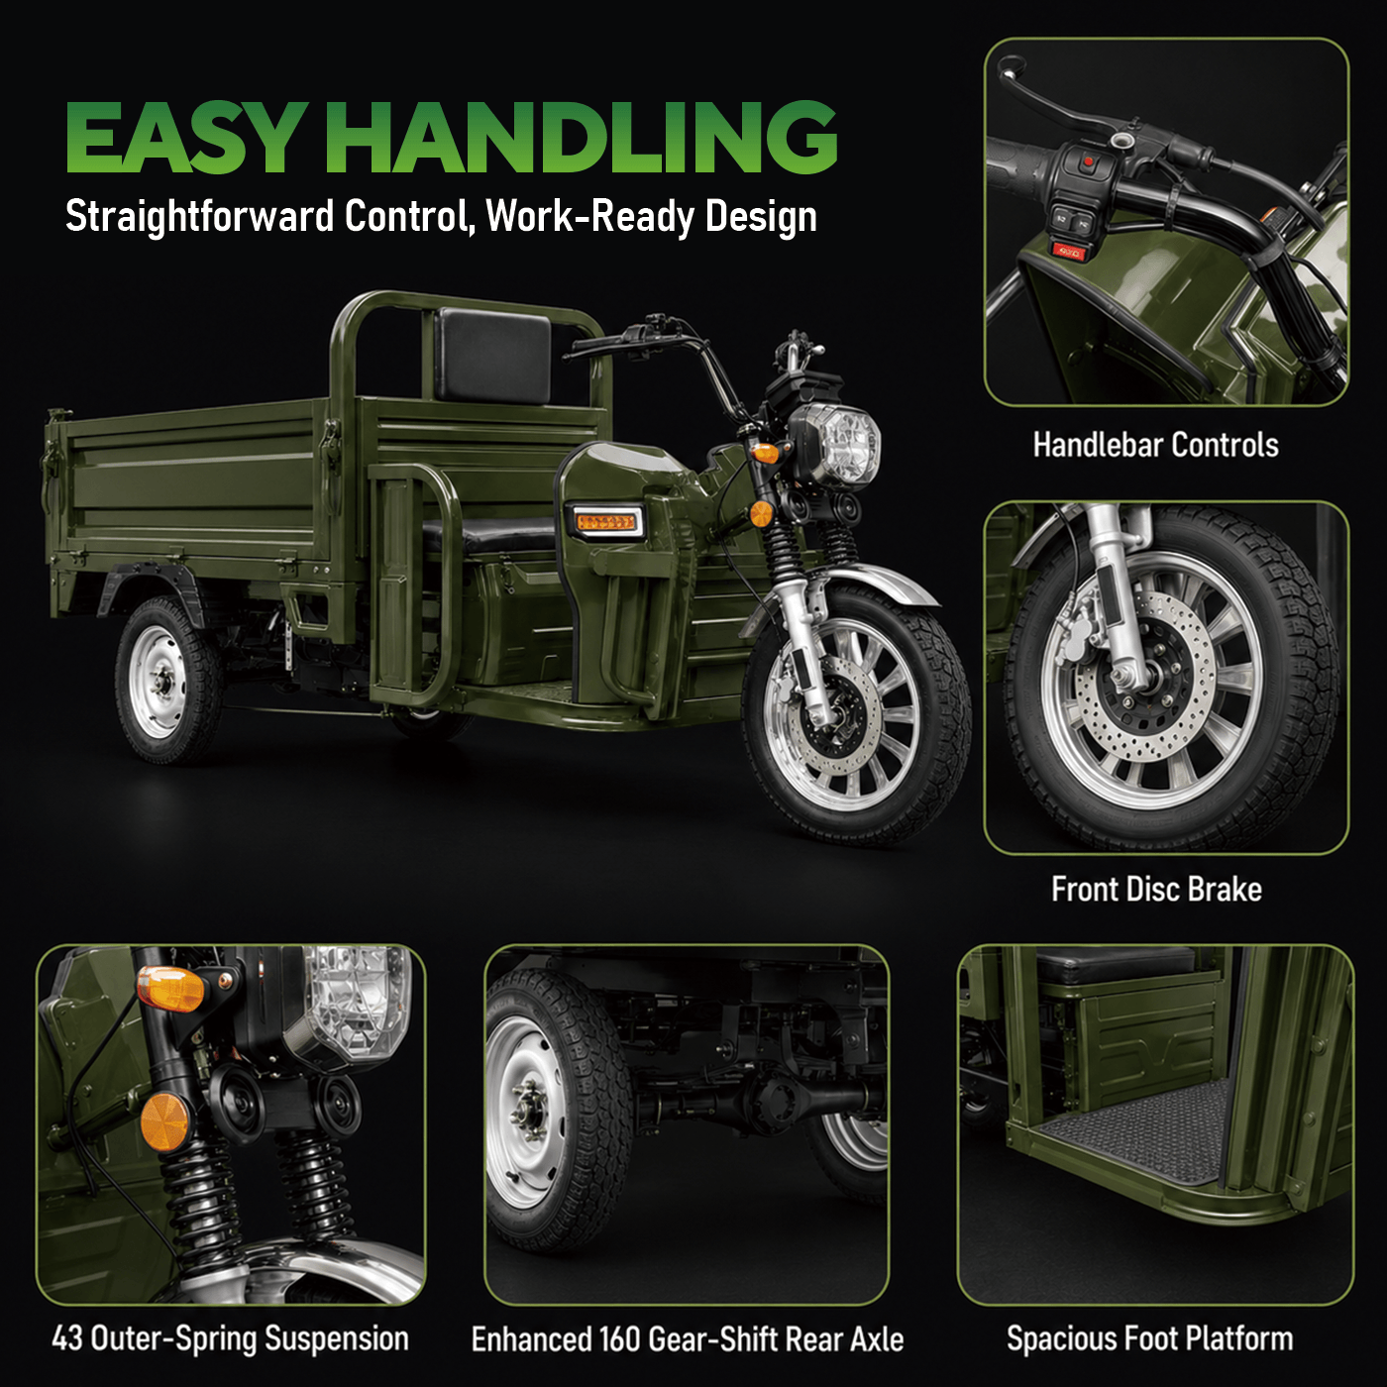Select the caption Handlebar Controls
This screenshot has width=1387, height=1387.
click(1156, 445)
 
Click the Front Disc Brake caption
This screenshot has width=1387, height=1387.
click(1156, 890)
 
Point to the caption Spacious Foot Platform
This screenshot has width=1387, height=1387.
click(1149, 1338)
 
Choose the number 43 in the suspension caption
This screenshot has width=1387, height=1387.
click(66, 1338)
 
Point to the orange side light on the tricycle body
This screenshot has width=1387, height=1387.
click(606, 521)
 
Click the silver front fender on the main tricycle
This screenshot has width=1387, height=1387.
click(871, 581)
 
